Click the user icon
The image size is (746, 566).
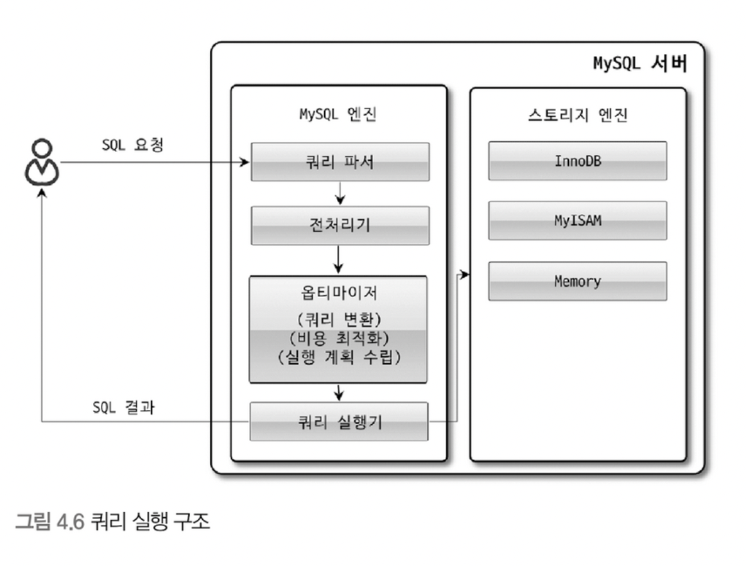(x=41, y=162)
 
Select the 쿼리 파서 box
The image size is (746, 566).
(x=339, y=162)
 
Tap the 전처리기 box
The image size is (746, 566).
(x=339, y=225)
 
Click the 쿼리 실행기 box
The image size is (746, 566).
(x=339, y=422)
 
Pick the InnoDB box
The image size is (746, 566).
(x=577, y=160)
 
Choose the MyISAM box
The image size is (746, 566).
(x=577, y=221)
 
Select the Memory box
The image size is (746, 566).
(x=577, y=281)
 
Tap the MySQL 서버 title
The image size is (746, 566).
(x=639, y=64)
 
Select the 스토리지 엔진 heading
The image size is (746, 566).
(x=577, y=116)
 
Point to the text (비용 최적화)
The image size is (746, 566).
(x=339, y=338)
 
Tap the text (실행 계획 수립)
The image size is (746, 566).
(x=339, y=358)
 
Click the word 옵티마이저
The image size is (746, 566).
(x=339, y=293)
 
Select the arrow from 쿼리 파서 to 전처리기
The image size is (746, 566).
(x=340, y=192)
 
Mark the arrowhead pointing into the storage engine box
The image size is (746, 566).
(x=465, y=275)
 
